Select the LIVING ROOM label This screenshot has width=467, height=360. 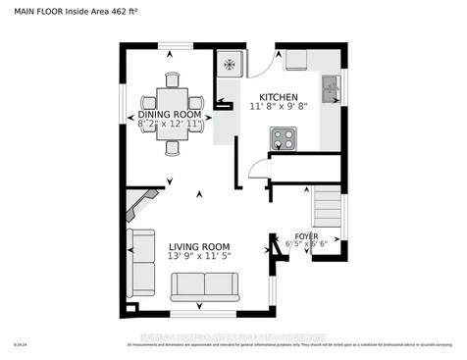coord(198,246)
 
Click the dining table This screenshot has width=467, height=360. coord(173,102)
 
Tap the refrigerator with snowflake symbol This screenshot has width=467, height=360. coord(230,65)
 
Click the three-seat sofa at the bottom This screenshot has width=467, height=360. coord(203,286)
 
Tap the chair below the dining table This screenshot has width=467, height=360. coord(173,146)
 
